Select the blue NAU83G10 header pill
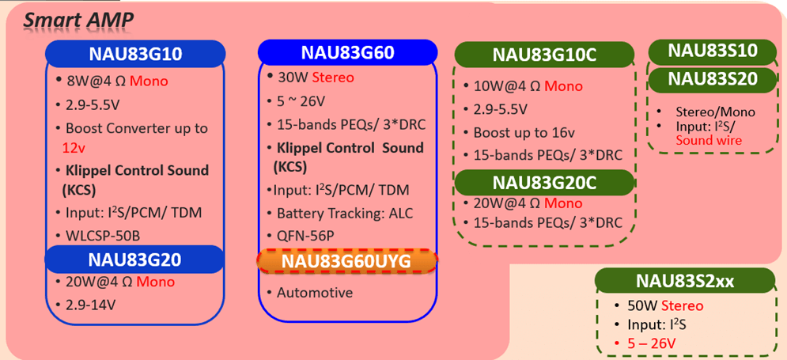coord(135,54)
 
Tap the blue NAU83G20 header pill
coord(135,258)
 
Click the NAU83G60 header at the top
coord(347,53)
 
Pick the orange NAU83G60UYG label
coord(347,261)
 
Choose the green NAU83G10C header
coord(544,55)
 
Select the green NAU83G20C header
coord(544,181)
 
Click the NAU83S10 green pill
coord(712,51)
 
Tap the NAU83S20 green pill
coord(712,78)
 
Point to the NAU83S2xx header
coord(683,280)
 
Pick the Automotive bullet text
coord(315,292)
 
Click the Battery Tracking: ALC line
coord(344,213)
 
